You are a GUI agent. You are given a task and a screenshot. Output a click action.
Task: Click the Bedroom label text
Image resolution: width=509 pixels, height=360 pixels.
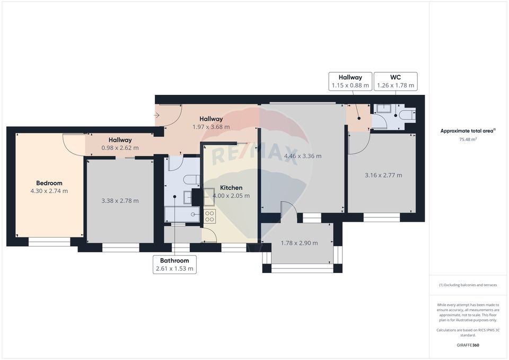click(49, 183)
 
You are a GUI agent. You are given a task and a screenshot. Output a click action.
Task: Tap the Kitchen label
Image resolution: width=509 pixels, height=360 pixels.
click(231, 188)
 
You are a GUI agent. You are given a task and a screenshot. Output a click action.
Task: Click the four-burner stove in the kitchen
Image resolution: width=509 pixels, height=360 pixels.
click(209, 216)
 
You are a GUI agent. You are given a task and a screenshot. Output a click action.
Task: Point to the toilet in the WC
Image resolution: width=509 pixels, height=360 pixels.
click(408, 115)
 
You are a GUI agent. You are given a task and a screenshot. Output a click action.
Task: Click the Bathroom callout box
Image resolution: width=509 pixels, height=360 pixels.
click(174, 265)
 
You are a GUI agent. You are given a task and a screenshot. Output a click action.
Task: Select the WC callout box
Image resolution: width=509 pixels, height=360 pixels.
click(395, 81)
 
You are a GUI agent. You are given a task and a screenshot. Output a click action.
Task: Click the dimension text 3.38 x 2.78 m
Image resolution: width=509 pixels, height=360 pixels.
click(120, 201)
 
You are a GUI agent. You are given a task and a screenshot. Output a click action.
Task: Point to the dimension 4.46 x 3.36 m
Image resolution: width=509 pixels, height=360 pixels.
click(303, 156)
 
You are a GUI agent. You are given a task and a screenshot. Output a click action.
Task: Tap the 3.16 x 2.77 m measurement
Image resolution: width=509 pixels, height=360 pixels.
click(383, 175)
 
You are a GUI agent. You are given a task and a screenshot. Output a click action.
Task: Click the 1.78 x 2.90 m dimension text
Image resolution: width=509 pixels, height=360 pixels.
click(299, 243)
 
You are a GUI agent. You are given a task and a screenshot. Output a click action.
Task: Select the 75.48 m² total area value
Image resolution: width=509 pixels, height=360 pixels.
click(469, 139)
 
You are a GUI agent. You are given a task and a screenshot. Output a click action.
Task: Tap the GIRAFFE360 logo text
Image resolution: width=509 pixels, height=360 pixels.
click(468, 345)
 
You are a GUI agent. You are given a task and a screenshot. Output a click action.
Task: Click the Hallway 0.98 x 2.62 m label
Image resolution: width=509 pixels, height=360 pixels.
click(120, 144)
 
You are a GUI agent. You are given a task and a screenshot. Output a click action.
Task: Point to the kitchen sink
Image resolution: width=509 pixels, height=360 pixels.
click(187, 197)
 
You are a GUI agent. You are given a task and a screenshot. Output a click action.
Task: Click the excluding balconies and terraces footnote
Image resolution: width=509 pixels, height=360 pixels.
click(468, 285)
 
